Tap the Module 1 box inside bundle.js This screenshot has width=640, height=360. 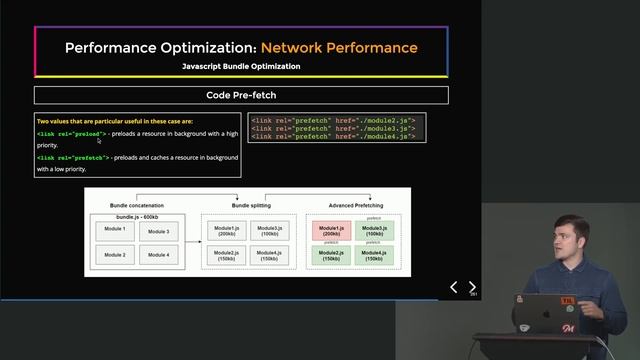[x=115, y=229]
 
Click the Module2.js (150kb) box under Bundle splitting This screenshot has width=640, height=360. [x=225, y=255]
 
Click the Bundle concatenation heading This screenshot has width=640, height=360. [x=137, y=205]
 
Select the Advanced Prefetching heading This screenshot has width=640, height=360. [x=356, y=205]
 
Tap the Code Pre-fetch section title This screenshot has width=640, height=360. [x=241, y=95]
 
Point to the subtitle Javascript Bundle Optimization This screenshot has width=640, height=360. [x=241, y=66]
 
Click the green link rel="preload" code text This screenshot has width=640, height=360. [x=71, y=133]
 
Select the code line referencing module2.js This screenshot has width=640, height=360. [x=332, y=120]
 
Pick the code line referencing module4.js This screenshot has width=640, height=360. [x=332, y=136]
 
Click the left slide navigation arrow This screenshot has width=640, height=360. [x=454, y=287]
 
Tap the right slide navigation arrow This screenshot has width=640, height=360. [x=473, y=287]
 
